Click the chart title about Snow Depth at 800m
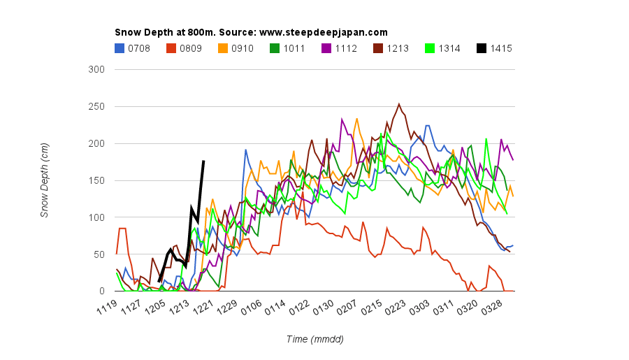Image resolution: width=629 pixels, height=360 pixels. (x=251, y=32)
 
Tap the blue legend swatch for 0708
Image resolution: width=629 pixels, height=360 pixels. (x=120, y=48)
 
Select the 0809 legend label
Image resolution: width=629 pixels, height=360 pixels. (x=191, y=48)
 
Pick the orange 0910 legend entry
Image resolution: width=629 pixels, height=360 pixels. (x=236, y=48)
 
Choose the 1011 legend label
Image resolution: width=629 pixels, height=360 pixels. (x=294, y=48)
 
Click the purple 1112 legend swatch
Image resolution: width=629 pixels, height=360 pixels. (x=326, y=48)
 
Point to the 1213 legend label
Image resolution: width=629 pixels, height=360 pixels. (x=398, y=48)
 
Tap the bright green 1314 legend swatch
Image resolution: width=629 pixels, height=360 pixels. (x=430, y=48)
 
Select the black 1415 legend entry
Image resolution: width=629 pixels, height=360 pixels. (x=495, y=48)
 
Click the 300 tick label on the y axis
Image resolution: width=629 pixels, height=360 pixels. (x=96, y=69)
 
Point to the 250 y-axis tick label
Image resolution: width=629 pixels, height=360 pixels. (x=96, y=106)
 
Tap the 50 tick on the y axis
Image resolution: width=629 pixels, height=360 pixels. (x=99, y=254)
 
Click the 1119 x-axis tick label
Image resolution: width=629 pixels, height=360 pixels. (x=107, y=307)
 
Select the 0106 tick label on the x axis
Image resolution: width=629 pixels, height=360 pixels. (x=252, y=307)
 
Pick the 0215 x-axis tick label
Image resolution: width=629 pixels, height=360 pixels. (x=372, y=307)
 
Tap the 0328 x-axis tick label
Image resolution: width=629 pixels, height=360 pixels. (x=492, y=307)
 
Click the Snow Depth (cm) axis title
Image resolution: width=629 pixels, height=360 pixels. (x=44, y=180)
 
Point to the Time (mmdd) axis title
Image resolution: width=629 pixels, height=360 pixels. (x=315, y=339)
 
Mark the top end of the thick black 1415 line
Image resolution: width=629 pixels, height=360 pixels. (x=203, y=161)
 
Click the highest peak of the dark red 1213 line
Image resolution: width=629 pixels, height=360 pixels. (x=399, y=104)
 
